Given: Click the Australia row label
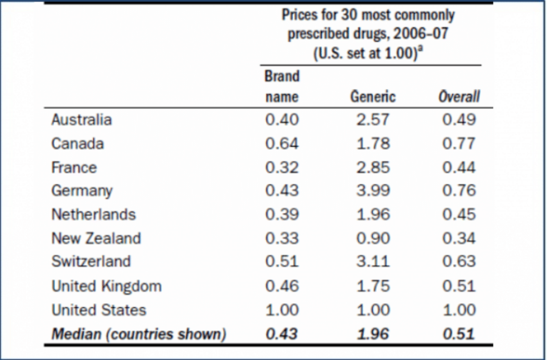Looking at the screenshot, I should coord(81,120).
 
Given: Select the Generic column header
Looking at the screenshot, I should coord(373,97).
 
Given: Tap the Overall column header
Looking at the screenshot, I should coord(459,97).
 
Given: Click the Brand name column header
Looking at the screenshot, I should coord(282,87).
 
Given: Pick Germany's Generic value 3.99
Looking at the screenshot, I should coord(373,191).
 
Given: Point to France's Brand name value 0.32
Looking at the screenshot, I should coord(282,168).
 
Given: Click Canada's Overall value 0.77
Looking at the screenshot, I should coord(459,144).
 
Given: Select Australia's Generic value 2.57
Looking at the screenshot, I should coord(373,120).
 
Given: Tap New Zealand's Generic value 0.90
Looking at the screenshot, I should coord(373,238).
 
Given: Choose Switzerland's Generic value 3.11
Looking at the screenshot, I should coord(373,261).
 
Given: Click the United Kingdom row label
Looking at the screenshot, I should coord(107,286).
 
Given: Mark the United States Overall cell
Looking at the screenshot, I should coord(459,310).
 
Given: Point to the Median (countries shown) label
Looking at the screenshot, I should coord(139,334).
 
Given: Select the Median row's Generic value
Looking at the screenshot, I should coord(373,334).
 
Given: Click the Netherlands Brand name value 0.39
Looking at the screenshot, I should coord(282,215).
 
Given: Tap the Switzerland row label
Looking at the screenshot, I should coord(91,261).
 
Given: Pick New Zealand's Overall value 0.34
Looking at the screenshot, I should coord(459,238).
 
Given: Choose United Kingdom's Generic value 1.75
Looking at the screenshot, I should coord(373,286).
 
